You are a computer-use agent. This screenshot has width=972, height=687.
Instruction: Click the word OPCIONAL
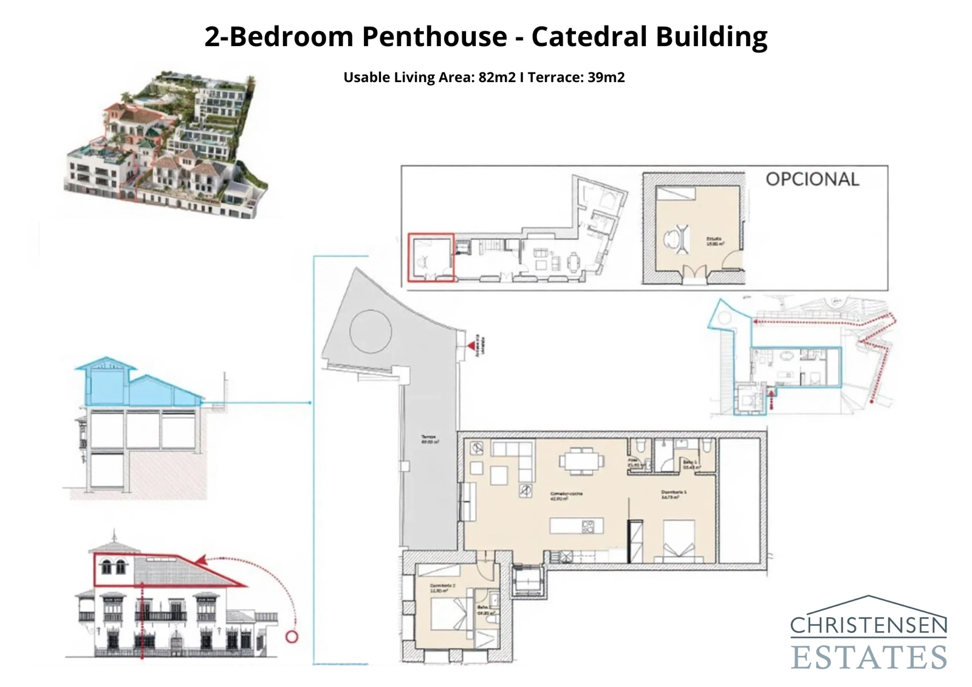(x=812, y=179)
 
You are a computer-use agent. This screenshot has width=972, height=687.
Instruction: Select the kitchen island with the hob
(x=577, y=525)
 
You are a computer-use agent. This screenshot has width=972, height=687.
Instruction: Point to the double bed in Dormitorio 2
(x=450, y=614)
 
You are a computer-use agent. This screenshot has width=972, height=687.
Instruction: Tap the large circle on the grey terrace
(x=371, y=332)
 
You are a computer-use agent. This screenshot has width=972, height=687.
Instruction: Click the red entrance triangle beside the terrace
(x=471, y=346)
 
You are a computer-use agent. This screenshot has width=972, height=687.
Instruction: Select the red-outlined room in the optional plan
(x=431, y=258)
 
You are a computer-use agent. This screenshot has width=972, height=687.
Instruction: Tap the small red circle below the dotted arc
(x=292, y=637)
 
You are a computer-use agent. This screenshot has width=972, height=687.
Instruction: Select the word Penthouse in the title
(x=434, y=36)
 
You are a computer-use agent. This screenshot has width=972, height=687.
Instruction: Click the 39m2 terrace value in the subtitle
(x=606, y=78)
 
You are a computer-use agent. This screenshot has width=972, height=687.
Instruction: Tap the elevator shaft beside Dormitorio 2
(x=527, y=580)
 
